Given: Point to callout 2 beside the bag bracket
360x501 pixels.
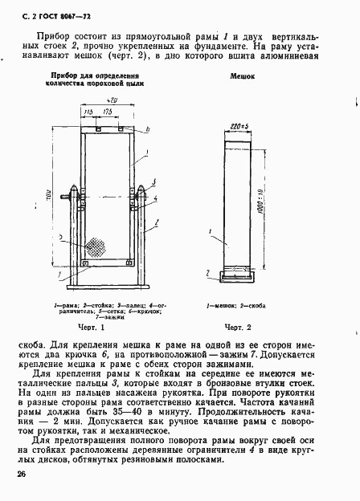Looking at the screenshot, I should pyautogui.click(x=211, y=275).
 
